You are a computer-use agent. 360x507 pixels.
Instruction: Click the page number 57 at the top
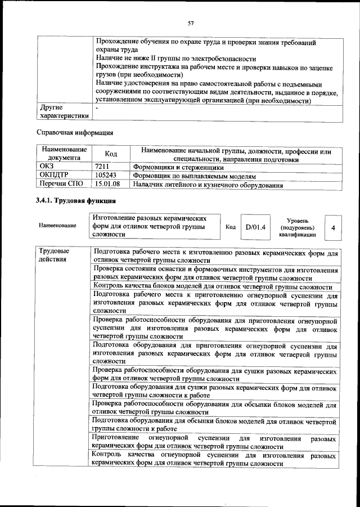pos(191,23)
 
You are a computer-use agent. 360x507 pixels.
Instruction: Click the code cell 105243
pos(106,176)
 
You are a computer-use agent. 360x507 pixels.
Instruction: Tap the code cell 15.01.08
pos(107,184)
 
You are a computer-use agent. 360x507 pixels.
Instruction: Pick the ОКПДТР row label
pos(53,176)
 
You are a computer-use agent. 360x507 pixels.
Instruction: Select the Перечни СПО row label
pos(62,184)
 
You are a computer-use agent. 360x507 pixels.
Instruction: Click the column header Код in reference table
pos(111,154)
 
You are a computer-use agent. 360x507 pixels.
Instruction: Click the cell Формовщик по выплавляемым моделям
pos(194,176)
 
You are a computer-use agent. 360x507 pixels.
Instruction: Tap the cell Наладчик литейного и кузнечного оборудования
pos(207,184)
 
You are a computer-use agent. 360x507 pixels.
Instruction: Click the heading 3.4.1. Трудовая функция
pos(75,201)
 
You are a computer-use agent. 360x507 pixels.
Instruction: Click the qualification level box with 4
pos(334,227)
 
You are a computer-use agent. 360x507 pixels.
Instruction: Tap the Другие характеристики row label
pos(62,111)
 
